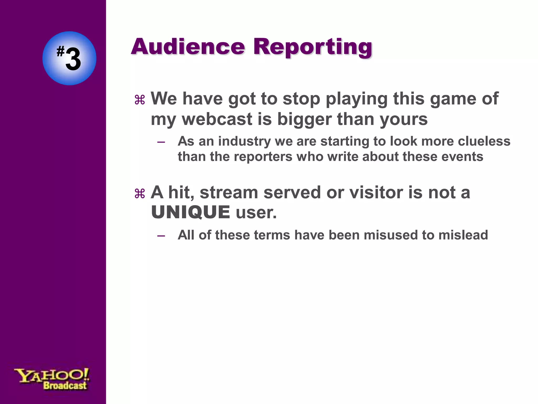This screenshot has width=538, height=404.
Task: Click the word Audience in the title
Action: pos(188,47)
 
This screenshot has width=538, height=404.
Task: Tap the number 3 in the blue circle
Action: pos(73,60)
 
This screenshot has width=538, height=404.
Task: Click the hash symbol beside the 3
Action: pos(60,51)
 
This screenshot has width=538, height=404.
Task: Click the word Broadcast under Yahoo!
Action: pos(65,386)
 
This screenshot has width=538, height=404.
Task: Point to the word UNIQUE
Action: pos(190,212)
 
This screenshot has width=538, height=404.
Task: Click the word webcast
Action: pos(217,119)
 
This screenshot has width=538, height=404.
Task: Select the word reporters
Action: pos(263,157)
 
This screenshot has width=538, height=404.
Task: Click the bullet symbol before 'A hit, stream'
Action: pos(140,194)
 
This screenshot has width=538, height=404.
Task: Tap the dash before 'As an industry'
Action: pos(161,142)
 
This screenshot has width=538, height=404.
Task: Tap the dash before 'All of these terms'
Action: pos(161,236)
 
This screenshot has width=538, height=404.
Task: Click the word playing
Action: pos(357,99)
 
